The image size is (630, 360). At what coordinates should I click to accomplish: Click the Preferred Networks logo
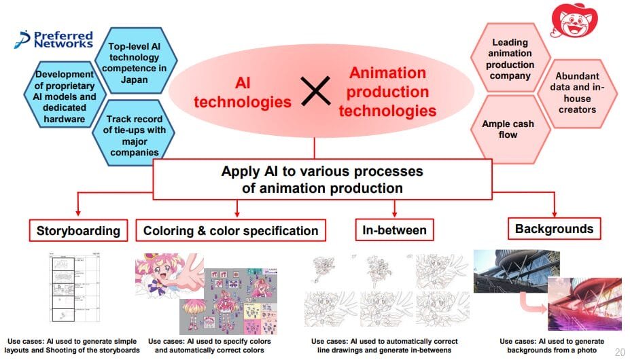click(54, 39)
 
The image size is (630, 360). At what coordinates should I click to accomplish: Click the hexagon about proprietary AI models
click(65, 95)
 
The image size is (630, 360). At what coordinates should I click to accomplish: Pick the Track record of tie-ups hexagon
click(134, 132)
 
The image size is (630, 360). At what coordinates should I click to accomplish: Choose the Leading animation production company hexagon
click(510, 58)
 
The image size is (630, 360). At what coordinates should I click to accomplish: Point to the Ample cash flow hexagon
click(509, 129)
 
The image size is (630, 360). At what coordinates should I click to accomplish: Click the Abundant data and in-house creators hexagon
click(577, 94)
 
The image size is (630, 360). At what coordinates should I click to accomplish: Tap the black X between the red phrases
click(316, 91)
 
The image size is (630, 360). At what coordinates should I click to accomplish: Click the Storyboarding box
click(78, 230)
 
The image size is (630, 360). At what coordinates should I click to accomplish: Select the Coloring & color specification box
click(230, 230)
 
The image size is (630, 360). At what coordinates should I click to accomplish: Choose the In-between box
click(395, 230)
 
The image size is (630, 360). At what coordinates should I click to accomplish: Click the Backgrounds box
click(554, 229)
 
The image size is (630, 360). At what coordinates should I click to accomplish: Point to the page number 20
click(620, 353)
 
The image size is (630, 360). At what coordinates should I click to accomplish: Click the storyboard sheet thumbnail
click(74, 287)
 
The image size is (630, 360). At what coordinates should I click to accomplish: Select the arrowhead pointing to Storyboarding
click(78, 213)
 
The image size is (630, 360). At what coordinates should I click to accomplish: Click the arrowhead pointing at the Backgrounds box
click(555, 213)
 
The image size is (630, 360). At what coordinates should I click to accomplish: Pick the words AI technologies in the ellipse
click(243, 92)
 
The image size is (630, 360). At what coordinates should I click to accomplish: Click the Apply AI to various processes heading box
click(322, 179)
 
